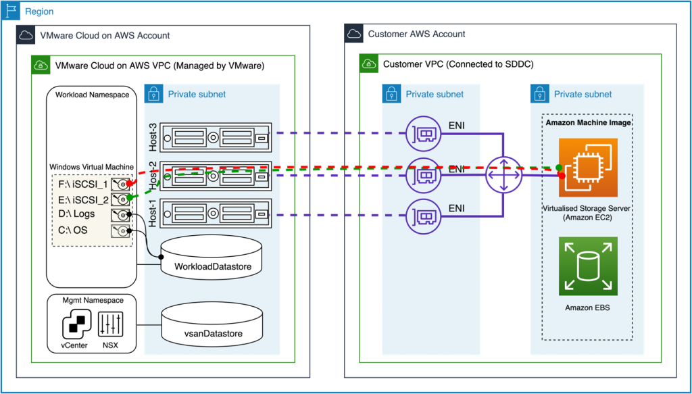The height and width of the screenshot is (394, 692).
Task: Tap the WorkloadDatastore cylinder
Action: click(x=212, y=256)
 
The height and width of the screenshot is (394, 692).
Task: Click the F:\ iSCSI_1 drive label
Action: click(x=84, y=184)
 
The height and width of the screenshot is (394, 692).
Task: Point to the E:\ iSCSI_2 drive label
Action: click(x=84, y=199)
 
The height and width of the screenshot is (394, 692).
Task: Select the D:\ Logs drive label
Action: click(x=77, y=214)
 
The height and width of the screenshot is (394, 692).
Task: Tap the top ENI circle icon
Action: click(x=423, y=134)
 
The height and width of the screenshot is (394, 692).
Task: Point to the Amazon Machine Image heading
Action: click(x=588, y=123)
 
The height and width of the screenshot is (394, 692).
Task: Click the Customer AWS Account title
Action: click(x=416, y=34)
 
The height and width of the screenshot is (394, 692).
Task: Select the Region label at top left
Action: click(x=39, y=12)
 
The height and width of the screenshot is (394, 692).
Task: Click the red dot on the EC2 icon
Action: click(x=562, y=176)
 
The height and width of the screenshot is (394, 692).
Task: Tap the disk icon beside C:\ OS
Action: click(x=123, y=230)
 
